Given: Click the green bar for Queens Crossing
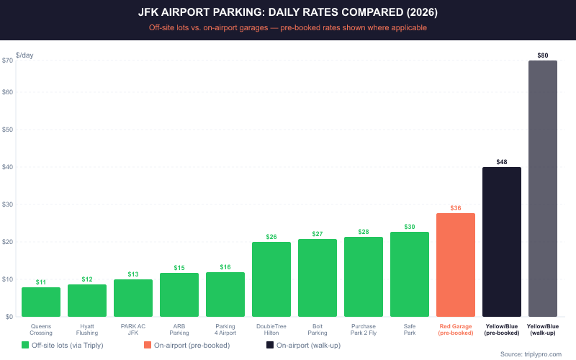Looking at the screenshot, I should [41, 302].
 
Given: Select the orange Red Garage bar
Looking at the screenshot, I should [456, 265].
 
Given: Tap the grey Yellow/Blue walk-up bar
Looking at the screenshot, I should [548, 189].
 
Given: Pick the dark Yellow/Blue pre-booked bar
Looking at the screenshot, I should [502, 242].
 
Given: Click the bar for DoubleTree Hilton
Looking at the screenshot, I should [271, 279].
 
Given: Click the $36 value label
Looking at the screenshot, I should [456, 207].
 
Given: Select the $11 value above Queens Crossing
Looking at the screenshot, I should [41, 282].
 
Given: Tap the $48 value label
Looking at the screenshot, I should [502, 161].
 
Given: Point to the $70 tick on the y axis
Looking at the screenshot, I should [8, 60].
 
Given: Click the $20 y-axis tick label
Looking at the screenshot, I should [8, 242].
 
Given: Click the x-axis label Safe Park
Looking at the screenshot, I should [410, 329].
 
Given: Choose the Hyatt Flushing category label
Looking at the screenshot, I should [87, 329].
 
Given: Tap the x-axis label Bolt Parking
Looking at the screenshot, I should [318, 329].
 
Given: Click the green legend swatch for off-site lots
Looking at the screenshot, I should [26, 346].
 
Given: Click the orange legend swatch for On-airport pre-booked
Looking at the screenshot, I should [148, 346].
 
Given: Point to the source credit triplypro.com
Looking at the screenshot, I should [530, 354].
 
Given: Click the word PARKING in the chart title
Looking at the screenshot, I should [233, 13].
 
